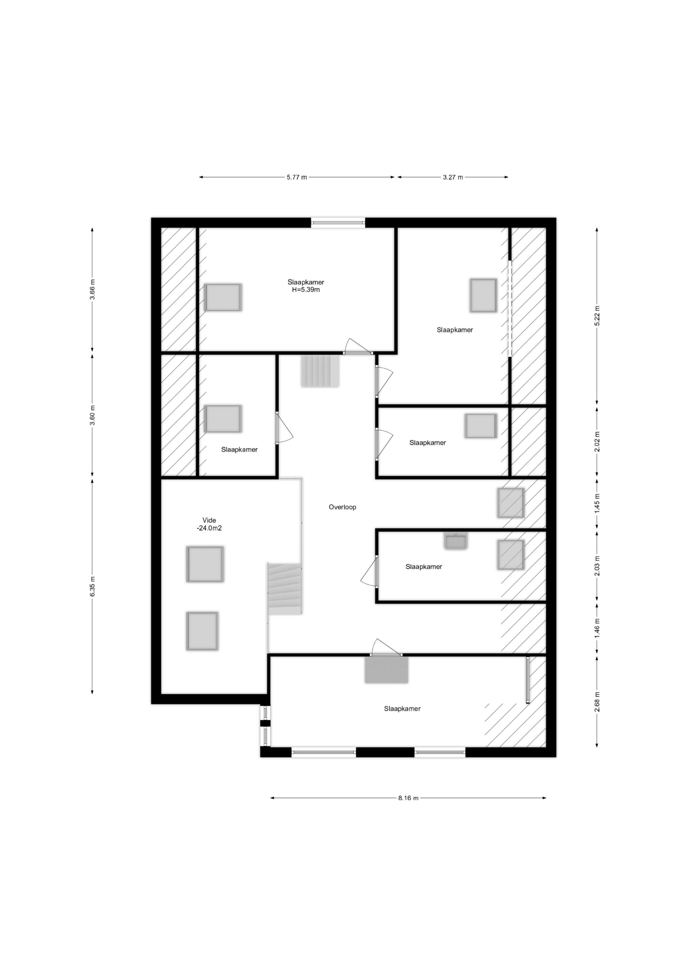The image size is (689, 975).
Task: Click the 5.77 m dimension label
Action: (x=296, y=177)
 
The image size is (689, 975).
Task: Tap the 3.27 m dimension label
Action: (x=453, y=177)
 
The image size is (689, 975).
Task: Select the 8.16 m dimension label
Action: (x=408, y=798)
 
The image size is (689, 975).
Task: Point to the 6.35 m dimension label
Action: (x=93, y=587)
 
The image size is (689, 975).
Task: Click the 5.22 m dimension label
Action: (x=597, y=316)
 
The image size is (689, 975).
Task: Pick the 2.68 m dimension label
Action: (x=597, y=702)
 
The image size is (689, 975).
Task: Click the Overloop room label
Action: (x=342, y=507)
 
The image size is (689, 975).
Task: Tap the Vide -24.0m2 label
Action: (x=209, y=524)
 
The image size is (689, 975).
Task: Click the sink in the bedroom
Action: (x=456, y=542)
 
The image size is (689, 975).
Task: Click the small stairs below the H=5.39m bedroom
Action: (x=320, y=371)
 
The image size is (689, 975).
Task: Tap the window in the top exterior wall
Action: (x=338, y=222)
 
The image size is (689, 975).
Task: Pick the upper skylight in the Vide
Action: (x=205, y=564)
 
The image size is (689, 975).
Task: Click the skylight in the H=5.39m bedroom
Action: (x=223, y=297)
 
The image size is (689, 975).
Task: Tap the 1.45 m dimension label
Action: (x=597, y=503)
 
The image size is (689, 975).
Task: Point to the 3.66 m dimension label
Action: (x=93, y=289)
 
